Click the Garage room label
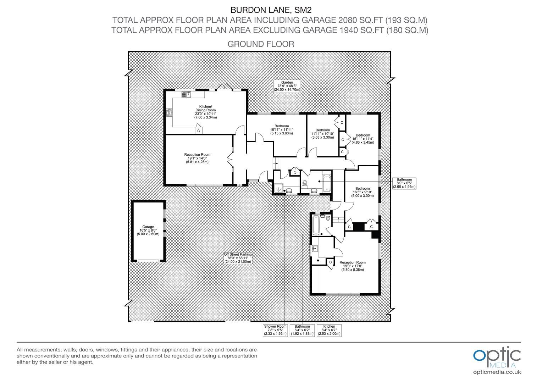pos(148,231)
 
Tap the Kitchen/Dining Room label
pos(205,112)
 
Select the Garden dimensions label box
pos(287,86)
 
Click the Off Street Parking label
pos(238,258)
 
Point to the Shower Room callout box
pos(275,330)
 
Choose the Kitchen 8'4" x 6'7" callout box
pos(329,330)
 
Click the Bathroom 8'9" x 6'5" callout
pos(404,183)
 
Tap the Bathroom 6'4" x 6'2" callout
pos(302,330)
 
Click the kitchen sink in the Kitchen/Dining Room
pos(186,95)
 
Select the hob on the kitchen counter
pos(169,112)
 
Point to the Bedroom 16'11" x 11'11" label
pos(281,130)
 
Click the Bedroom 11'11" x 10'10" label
pos(322,134)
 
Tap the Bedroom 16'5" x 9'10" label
pos(363,192)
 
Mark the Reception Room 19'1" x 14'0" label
pos(197,158)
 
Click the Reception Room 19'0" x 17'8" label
pos(353,266)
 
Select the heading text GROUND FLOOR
pos(261,44)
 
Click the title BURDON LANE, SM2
pos(271,10)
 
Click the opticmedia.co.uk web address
pos(497,372)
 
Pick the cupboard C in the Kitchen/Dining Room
pos(198,131)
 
